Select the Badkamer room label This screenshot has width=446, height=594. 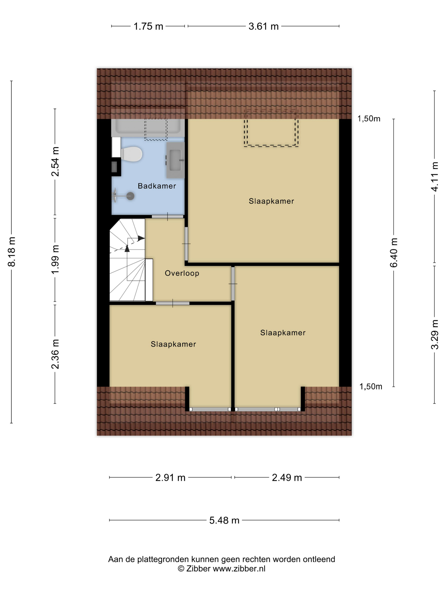pyautogui.click(x=157, y=186)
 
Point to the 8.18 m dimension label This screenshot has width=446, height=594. pyautogui.click(x=11, y=252)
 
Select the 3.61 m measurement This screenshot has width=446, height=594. pyautogui.click(x=264, y=26)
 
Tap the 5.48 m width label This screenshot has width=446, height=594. pyautogui.click(x=224, y=520)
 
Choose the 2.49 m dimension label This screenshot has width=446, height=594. pyautogui.click(x=287, y=478)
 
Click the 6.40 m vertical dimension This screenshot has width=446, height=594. pyautogui.click(x=394, y=252)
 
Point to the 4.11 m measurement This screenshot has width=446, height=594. pyautogui.click(x=435, y=177)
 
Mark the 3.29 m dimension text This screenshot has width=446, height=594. pyautogui.click(x=435, y=334)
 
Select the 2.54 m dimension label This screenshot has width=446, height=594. pyautogui.click(x=55, y=161)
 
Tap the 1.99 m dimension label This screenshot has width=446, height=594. pyautogui.click(x=55, y=259)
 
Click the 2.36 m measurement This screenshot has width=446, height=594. pyautogui.click(x=55, y=354)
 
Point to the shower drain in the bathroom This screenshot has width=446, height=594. pyautogui.click(x=130, y=196)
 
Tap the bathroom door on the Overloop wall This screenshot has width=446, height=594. pyautogui.click(x=168, y=216)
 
